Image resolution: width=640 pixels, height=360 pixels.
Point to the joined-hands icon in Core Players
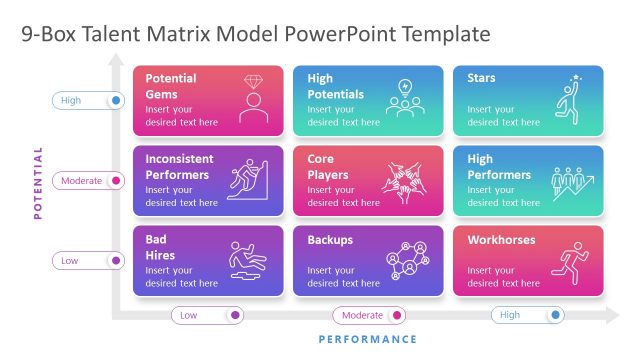(408, 180)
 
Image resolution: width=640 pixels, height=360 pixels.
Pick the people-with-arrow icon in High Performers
(571, 182)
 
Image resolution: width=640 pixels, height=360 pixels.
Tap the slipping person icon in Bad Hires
(248, 260)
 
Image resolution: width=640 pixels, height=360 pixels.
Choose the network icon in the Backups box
(408, 260)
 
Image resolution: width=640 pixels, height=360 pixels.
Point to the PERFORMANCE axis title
(367, 340)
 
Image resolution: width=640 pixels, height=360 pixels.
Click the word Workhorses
(501, 240)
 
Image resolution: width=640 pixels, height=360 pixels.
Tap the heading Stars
(481, 78)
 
